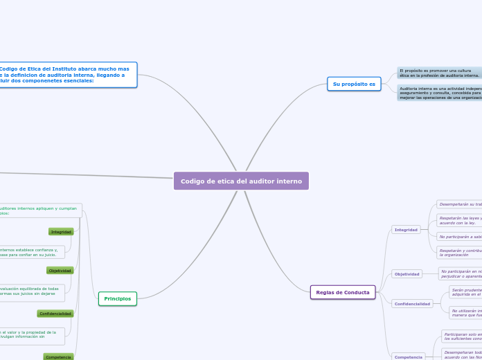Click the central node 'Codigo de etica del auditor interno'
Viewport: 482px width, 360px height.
(241, 181)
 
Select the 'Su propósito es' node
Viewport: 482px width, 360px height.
(354, 84)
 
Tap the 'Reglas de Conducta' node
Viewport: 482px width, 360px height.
(343, 292)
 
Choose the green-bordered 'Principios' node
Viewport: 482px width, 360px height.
(118, 298)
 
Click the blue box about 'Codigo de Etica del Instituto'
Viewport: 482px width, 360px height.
(68, 75)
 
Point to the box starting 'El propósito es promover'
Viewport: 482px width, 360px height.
(439, 73)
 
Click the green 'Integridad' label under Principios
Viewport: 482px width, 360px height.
(61, 232)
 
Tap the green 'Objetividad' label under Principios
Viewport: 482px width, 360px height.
(60, 271)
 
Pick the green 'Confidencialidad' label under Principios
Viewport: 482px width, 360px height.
(55, 314)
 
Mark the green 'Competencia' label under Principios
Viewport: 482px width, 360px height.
(58, 357)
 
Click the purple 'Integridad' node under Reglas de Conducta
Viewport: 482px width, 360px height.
(406, 229)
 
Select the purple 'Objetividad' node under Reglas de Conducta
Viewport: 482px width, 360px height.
(407, 273)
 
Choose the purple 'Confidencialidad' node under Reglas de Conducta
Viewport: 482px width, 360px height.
(412, 303)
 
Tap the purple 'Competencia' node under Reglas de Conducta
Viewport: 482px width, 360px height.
(409, 357)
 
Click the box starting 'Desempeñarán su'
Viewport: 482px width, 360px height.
(459, 204)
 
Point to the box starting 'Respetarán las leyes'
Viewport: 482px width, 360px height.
(459, 220)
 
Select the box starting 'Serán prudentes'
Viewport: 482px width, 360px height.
(465, 292)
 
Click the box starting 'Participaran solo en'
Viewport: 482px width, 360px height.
(462, 336)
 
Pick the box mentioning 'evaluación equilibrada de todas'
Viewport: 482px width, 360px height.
(32, 291)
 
